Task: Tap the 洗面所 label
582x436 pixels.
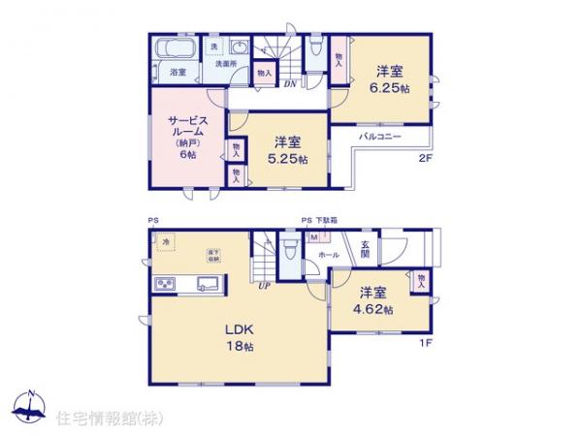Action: [x=225, y=64]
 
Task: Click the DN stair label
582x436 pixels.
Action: [x=289, y=83]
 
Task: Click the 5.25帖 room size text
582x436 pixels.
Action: [x=290, y=159]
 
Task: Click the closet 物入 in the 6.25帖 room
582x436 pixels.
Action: [x=339, y=60]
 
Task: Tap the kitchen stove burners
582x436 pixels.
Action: [x=164, y=284]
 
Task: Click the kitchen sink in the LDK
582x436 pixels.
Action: [x=208, y=284]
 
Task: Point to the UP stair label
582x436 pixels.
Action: [x=262, y=287]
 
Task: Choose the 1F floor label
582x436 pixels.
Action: [x=424, y=342]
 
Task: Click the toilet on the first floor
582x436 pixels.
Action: [x=290, y=250]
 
